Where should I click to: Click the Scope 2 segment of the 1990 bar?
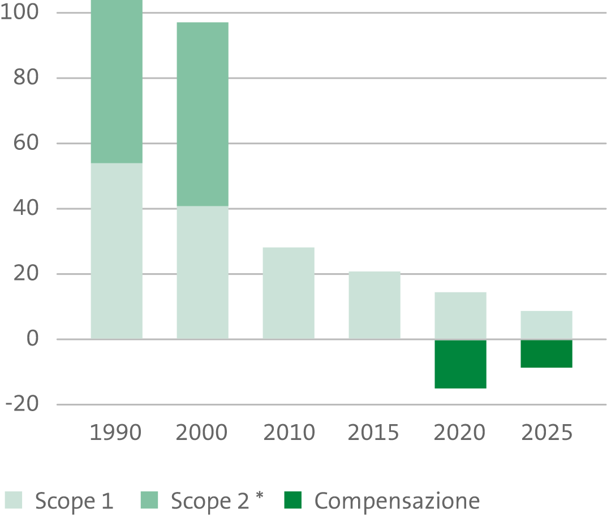(x=117, y=81)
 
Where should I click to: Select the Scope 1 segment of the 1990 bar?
(x=117, y=251)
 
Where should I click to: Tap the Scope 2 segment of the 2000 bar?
(x=203, y=114)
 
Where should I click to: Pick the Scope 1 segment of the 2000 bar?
(x=203, y=272)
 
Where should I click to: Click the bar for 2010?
(x=289, y=293)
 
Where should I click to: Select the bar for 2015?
(x=375, y=305)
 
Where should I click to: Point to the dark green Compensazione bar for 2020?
(x=461, y=364)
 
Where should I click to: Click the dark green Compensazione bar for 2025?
(x=547, y=353)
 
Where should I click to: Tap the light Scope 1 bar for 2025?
(x=547, y=325)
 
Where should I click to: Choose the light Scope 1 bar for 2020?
(x=461, y=316)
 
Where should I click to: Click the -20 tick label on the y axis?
(x=22, y=404)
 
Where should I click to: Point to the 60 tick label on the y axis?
(x=26, y=143)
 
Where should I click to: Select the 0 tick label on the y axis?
(x=33, y=338)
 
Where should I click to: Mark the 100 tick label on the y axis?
(x=19, y=12)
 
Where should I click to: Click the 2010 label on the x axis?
(x=289, y=432)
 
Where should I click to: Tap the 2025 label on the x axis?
(x=547, y=432)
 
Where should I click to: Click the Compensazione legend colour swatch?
(x=293, y=500)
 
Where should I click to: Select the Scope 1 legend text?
(x=75, y=501)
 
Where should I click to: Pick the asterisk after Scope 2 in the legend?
(x=260, y=496)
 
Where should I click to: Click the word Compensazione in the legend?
(x=397, y=501)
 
